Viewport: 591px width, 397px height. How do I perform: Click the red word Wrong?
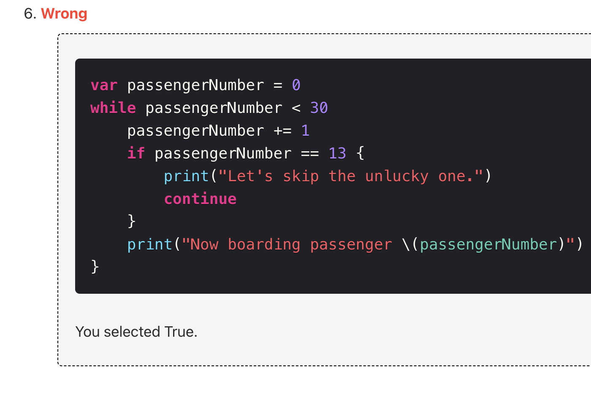tap(64, 14)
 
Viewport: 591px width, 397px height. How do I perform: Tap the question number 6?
tap(30, 14)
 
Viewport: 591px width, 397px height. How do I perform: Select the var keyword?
tap(104, 86)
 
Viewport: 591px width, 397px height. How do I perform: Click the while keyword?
tap(113, 108)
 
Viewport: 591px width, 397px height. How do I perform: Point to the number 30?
tap(319, 108)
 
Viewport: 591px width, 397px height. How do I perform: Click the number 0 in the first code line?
tap(296, 86)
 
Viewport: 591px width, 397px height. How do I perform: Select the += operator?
tap(282, 131)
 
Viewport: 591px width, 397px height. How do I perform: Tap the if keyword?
tap(136, 154)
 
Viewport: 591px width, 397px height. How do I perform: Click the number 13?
tap(337, 154)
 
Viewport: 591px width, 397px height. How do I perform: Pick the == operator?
tap(310, 154)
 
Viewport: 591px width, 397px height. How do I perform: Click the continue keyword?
tap(200, 199)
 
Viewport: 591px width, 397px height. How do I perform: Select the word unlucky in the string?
tap(397, 177)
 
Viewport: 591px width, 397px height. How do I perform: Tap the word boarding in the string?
tap(264, 245)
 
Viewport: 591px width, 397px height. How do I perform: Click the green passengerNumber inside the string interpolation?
tap(488, 245)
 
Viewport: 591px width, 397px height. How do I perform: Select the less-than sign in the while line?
tap(296, 108)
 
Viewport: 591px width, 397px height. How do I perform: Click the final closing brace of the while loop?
tap(95, 267)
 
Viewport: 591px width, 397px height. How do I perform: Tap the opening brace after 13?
tap(360, 154)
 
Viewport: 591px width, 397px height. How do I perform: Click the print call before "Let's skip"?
tap(186, 177)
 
